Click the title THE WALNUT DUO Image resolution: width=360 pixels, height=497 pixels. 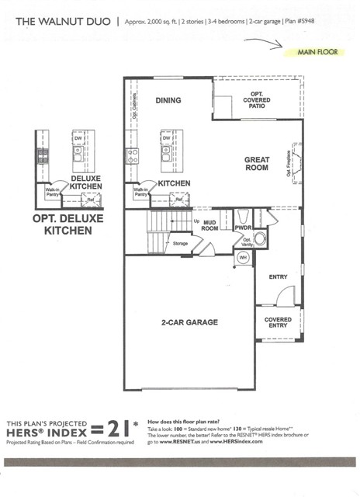(x=59, y=22)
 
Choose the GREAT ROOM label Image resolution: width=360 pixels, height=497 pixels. (x=257, y=164)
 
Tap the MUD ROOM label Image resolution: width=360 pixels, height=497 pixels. (x=209, y=225)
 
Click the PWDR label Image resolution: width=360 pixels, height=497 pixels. (x=243, y=228)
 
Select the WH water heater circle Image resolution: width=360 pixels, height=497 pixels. (x=242, y=258)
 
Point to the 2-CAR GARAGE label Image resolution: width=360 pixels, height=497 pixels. (x=189, y=321)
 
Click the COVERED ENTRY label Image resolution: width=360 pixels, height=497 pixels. (x=278, y=323)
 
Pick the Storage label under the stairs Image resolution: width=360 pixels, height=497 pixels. (x=180, y=243)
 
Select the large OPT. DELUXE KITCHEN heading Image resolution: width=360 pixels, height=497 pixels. (x=67, y=224)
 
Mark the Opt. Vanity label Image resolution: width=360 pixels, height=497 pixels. (x=248, y=242)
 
